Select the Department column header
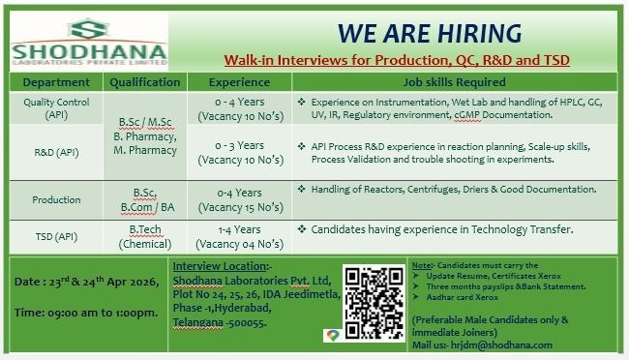(x=55, y=82)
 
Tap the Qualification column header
(x=144, y=82)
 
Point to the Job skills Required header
(x=447, y=82)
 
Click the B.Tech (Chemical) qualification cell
(x=144, y=235)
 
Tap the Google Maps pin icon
(x=331, y=335)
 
